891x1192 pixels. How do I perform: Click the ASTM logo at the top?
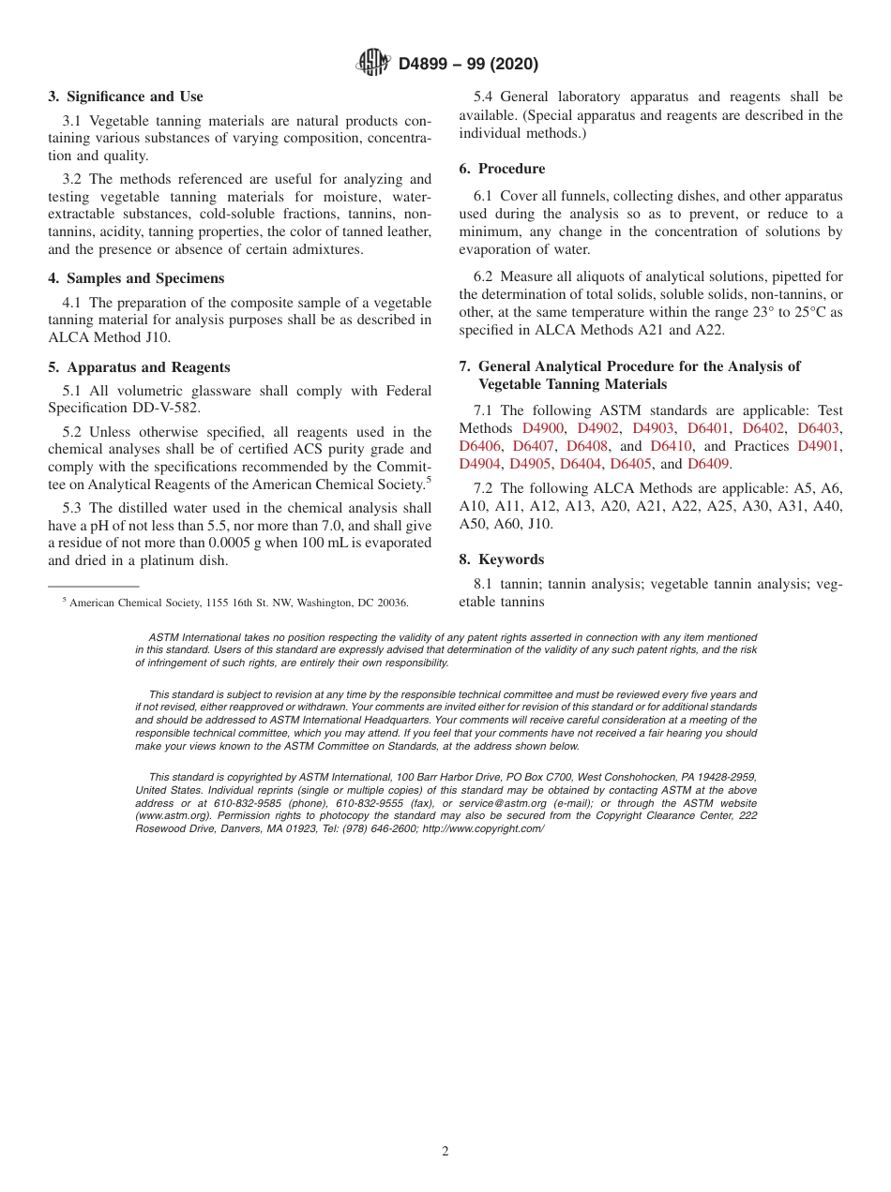[374, 63]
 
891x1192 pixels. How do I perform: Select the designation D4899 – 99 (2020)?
[468, 64]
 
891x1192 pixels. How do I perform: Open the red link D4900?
[543, 428]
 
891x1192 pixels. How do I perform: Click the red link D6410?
[671, 446]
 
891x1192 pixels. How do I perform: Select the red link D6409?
[708, 464]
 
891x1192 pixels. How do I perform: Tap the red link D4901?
[819, 446]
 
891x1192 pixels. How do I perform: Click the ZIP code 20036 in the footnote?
[393, 603]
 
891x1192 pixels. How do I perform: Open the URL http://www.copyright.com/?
[482, 828]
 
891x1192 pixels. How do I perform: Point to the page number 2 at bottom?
[445, 1152]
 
